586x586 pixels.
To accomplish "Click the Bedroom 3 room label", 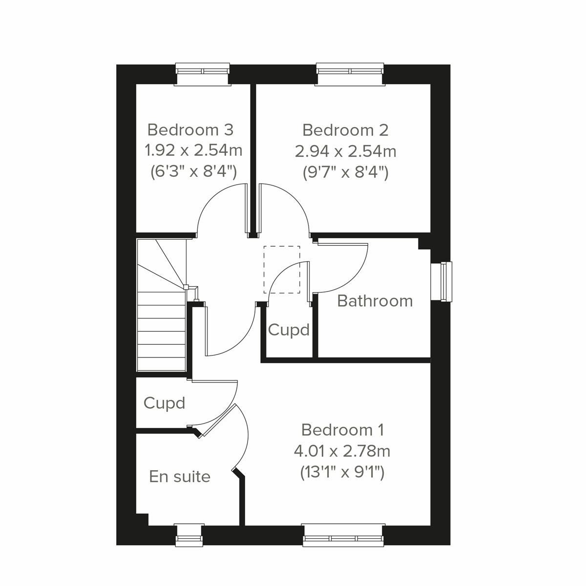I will click(x=190, y=130).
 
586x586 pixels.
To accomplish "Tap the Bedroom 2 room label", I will click(x=345, y=130).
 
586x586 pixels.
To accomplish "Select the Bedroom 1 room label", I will click(x=342, y=430).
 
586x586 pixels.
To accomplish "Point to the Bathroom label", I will click(x=375, y=301).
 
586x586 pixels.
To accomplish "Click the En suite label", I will click(x=180, y=476).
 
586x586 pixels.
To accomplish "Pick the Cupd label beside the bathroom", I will click(x=289, y=330).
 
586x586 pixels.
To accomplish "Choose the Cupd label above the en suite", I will click(x=164, y=403).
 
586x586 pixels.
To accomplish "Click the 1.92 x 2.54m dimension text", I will click(x=193, y=150).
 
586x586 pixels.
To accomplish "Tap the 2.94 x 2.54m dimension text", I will click(x=345, y=151).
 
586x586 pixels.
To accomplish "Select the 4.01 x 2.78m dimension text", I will click(x=342, y=451).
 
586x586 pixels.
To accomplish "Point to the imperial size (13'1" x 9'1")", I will click(x=342, y=472).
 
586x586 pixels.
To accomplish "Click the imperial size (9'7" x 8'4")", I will click(x=345, y=172).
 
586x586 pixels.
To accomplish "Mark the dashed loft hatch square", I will click(x=282, y=270).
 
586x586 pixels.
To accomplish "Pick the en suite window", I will click(x=189, y=534).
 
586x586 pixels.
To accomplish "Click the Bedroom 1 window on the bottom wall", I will click(x=343, y=535).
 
